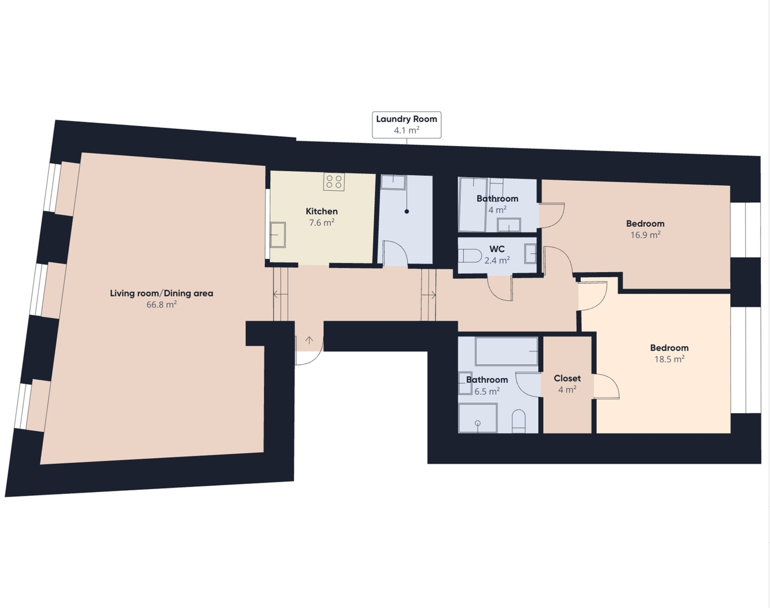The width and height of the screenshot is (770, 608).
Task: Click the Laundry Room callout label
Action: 406,124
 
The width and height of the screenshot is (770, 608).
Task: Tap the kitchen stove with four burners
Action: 334,182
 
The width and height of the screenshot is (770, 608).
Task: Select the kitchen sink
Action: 277,235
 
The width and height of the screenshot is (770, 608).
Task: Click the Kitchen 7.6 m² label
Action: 321,217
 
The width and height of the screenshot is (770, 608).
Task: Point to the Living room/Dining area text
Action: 162,293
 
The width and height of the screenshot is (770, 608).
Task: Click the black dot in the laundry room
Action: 406,212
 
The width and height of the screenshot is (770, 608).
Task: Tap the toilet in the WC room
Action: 470,256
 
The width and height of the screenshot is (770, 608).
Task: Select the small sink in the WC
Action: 530,254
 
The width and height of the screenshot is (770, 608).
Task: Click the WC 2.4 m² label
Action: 497,254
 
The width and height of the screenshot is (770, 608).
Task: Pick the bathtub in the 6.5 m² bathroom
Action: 507,351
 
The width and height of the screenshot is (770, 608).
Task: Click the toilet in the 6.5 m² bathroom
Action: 518,421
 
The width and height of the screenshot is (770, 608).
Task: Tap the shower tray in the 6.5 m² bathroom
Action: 478,418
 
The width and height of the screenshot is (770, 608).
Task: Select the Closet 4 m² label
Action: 567,383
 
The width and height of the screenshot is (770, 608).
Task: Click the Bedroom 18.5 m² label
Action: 669,353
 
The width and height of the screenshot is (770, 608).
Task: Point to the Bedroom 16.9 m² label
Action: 645,229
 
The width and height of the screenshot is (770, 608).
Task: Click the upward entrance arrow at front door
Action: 309,340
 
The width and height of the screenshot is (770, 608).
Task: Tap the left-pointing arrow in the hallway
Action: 280,294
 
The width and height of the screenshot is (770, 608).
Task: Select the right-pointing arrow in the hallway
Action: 429,295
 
